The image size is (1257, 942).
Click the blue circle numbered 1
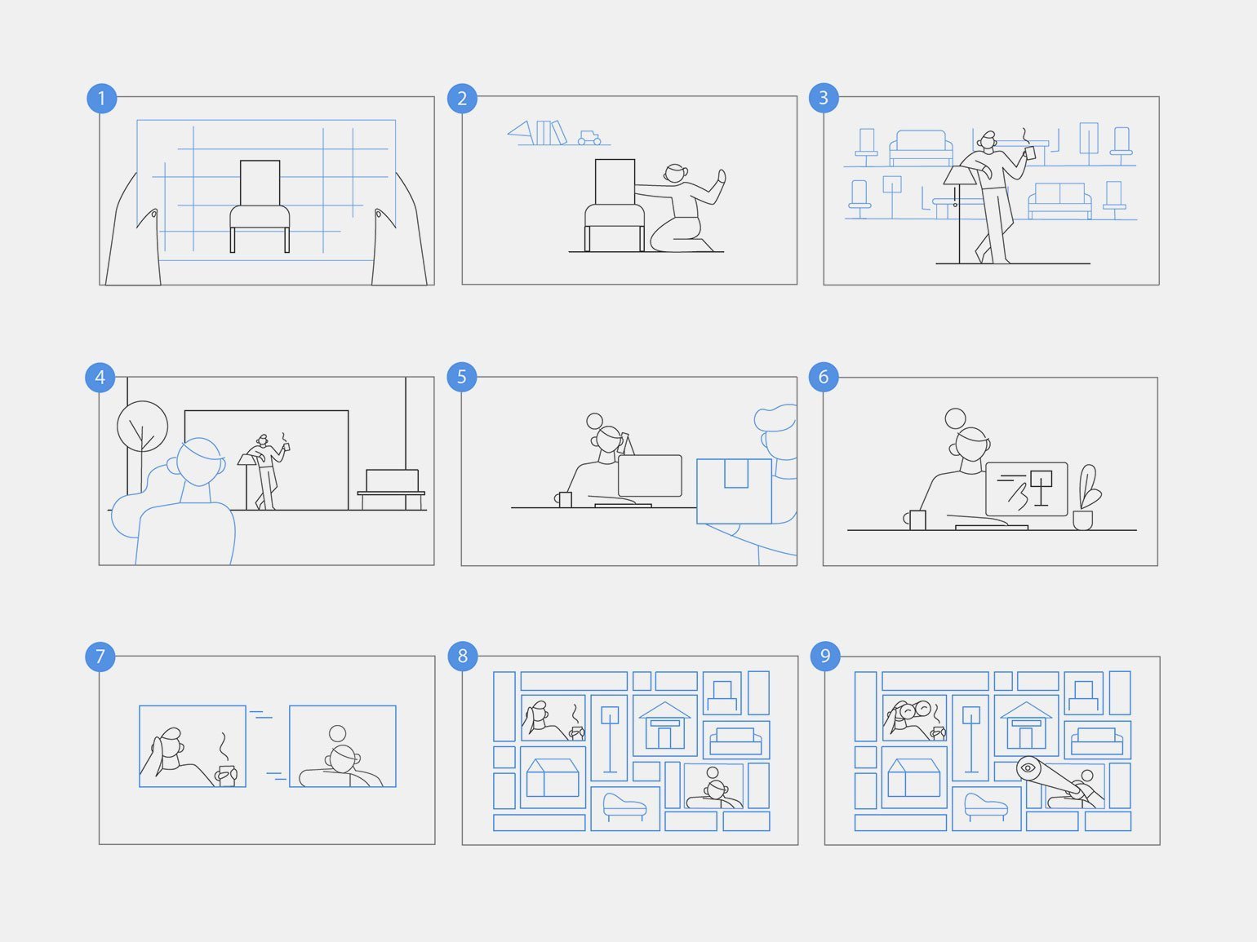pos(102,99)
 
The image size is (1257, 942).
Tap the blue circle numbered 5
pos(461,377)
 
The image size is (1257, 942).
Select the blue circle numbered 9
pos(825,656)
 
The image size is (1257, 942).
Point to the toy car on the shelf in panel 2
pos(589,138)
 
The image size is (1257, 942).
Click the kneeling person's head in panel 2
pos(676,173)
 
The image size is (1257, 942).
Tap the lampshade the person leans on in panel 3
pos(960,175)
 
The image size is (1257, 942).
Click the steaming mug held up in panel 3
pos(1029,153)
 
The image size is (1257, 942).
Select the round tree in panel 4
pos(142,426)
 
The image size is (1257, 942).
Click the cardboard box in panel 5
pos(734,491)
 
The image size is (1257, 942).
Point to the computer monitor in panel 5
pos(650,475)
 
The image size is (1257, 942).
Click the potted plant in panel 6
pos(1086,497)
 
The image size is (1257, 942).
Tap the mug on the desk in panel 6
pos(917,520)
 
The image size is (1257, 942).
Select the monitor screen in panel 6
pos(1026,489)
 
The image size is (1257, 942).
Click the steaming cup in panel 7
pos(226,776)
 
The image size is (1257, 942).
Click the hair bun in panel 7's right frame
pos(337,733)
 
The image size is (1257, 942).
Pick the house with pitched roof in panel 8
pos(664,725)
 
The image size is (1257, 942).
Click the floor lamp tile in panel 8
pos(609,737)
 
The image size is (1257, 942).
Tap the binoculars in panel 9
pos(913,710)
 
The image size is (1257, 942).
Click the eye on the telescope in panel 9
pos(1028,767)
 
